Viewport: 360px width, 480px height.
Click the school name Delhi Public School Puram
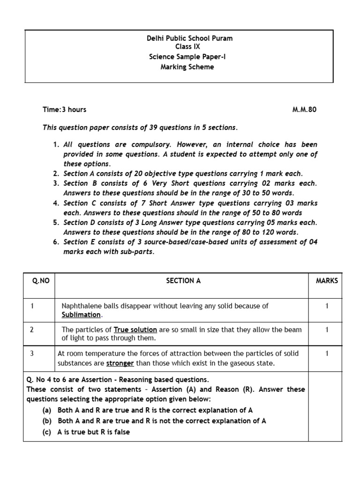(x=189, y=38)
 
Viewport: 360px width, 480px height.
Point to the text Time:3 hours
(x=65, y=110)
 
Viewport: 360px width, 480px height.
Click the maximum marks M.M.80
(x=305, y=110)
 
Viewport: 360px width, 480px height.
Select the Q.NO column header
(x=41, y=281)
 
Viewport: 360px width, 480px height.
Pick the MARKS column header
(x=327, y=281)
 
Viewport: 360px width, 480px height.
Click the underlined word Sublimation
(x=81, y=315)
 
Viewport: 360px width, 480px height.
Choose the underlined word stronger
(x=120, y=363)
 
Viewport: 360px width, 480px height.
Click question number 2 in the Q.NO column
(x=31, y=330)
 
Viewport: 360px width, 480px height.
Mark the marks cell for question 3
(x=327, y=353)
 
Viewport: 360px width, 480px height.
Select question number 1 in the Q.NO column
(x=31, y=306)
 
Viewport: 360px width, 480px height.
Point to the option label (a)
(x=46, y=410)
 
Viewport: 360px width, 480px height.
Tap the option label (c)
(x=46, y=432)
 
